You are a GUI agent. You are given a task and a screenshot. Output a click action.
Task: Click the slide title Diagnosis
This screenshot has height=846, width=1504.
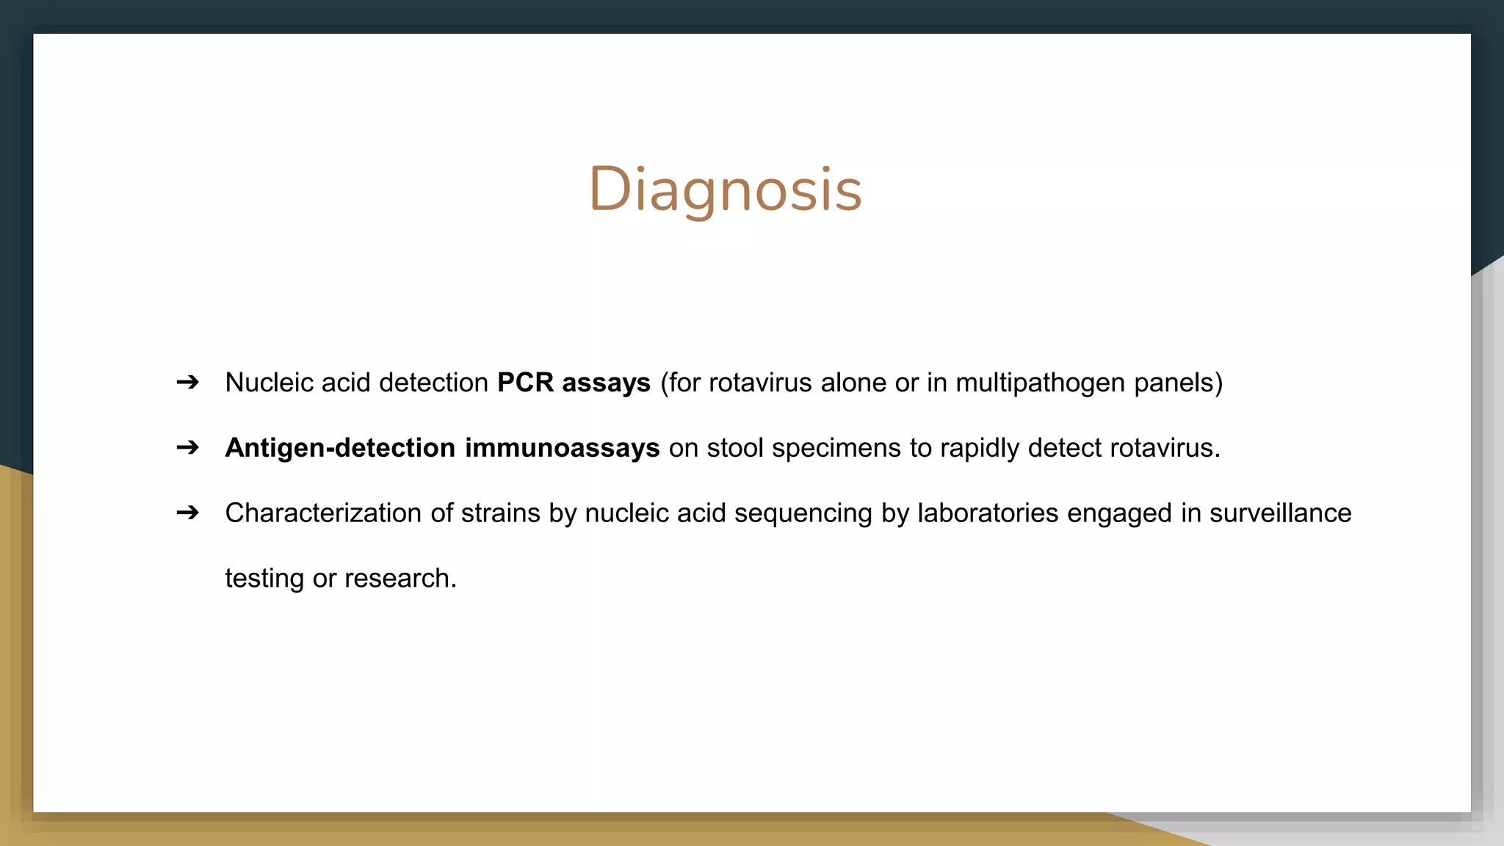pyautogui.click(x=725, y=189)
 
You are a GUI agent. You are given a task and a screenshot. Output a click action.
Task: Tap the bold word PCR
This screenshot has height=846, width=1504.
pyautogui.click(x=525, y=383)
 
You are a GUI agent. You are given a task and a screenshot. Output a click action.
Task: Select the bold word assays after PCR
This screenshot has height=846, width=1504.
pyautogui.click(x=606, y=383)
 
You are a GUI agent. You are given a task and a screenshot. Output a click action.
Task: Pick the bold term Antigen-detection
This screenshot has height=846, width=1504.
pyautogui.click(x=340, y=448)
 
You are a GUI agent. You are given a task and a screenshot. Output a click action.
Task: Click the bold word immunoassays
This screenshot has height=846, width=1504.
pyautogui.click(x=562, y=448)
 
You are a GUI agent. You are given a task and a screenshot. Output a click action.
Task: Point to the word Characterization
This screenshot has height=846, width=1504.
pyautogui.click(x=323, y=513)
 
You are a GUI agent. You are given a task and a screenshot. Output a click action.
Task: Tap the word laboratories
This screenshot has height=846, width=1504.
pyautogui.click(x=988, y=513)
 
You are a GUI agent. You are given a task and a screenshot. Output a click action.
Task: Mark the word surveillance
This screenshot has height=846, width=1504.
pyautogui.click(x=1280, y=513)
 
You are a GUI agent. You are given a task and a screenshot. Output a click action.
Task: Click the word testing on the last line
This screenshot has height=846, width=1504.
pyautogui.click(x=264, y=579)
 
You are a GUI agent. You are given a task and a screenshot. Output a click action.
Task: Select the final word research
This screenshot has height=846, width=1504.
pyautogui.click(x=400, y=579)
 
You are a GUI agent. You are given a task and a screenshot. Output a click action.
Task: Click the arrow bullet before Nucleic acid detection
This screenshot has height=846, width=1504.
pyautogui.click(x=188, y=382)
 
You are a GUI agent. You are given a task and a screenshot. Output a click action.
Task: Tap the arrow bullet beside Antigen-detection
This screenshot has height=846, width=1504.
pyautogui.click(x=188, y=447)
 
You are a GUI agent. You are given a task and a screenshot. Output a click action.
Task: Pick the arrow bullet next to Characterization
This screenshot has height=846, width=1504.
pyautogui.click(x=188, y=512)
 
